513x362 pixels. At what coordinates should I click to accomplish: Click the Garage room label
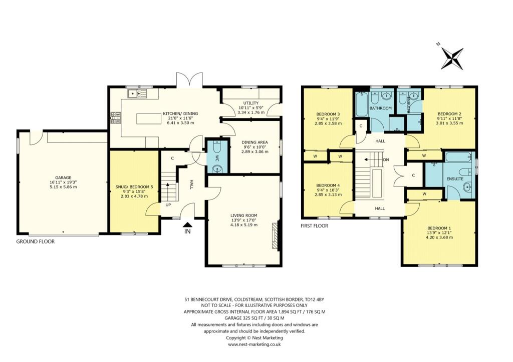64,178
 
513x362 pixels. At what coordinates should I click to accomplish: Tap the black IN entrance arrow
187,224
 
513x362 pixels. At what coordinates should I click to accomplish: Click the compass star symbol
452,58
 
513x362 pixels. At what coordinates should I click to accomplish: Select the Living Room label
244,215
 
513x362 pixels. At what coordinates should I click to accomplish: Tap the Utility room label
251,103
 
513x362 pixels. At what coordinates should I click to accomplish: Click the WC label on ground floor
216,158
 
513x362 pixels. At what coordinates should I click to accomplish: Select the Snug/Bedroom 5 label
134,187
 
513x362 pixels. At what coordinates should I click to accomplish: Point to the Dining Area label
254,142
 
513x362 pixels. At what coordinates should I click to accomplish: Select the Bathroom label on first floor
381,108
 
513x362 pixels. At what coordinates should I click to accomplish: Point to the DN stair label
386,159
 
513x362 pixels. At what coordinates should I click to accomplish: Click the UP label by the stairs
168,205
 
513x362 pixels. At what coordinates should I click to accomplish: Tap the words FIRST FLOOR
314,225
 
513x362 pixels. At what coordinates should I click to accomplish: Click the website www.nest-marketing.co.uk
254,344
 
